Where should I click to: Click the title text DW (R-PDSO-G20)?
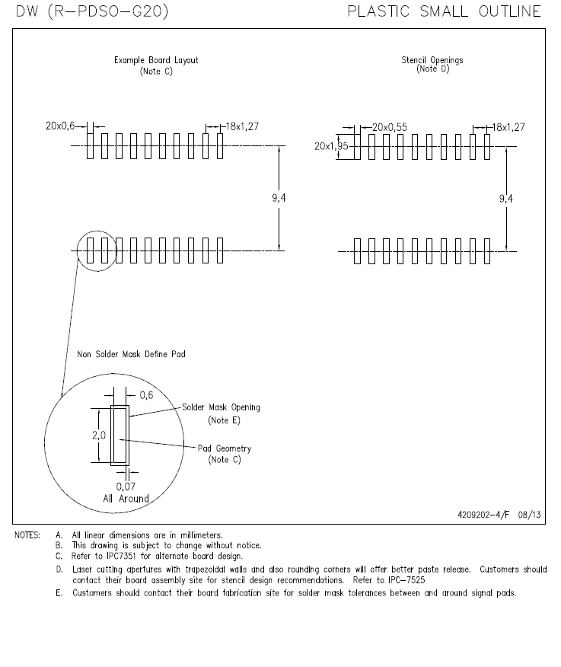[92, 11]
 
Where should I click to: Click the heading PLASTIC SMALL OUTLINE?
[444, 11]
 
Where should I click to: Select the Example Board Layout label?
[156, 60]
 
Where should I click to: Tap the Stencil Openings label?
[432, 60]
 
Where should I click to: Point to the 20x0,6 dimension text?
[60, 126]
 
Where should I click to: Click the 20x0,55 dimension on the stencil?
[390, 127]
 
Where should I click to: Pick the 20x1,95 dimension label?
[331, 146]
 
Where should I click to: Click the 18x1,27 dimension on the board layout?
[242, 126]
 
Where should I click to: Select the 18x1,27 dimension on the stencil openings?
[508, 127]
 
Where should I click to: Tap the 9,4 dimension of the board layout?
[279, 197]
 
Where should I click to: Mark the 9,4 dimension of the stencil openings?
[506, 198]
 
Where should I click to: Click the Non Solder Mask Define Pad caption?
[131, 354]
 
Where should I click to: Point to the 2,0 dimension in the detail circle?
[99, 435]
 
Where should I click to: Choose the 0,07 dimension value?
[126, 487]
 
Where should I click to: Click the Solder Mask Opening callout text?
[221, 407]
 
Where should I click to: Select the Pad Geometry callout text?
[224, 448]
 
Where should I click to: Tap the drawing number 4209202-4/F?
[483, 515]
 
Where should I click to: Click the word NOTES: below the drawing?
[27, 535]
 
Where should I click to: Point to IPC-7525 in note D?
[406, 580]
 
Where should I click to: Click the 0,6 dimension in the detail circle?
[146, 395]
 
